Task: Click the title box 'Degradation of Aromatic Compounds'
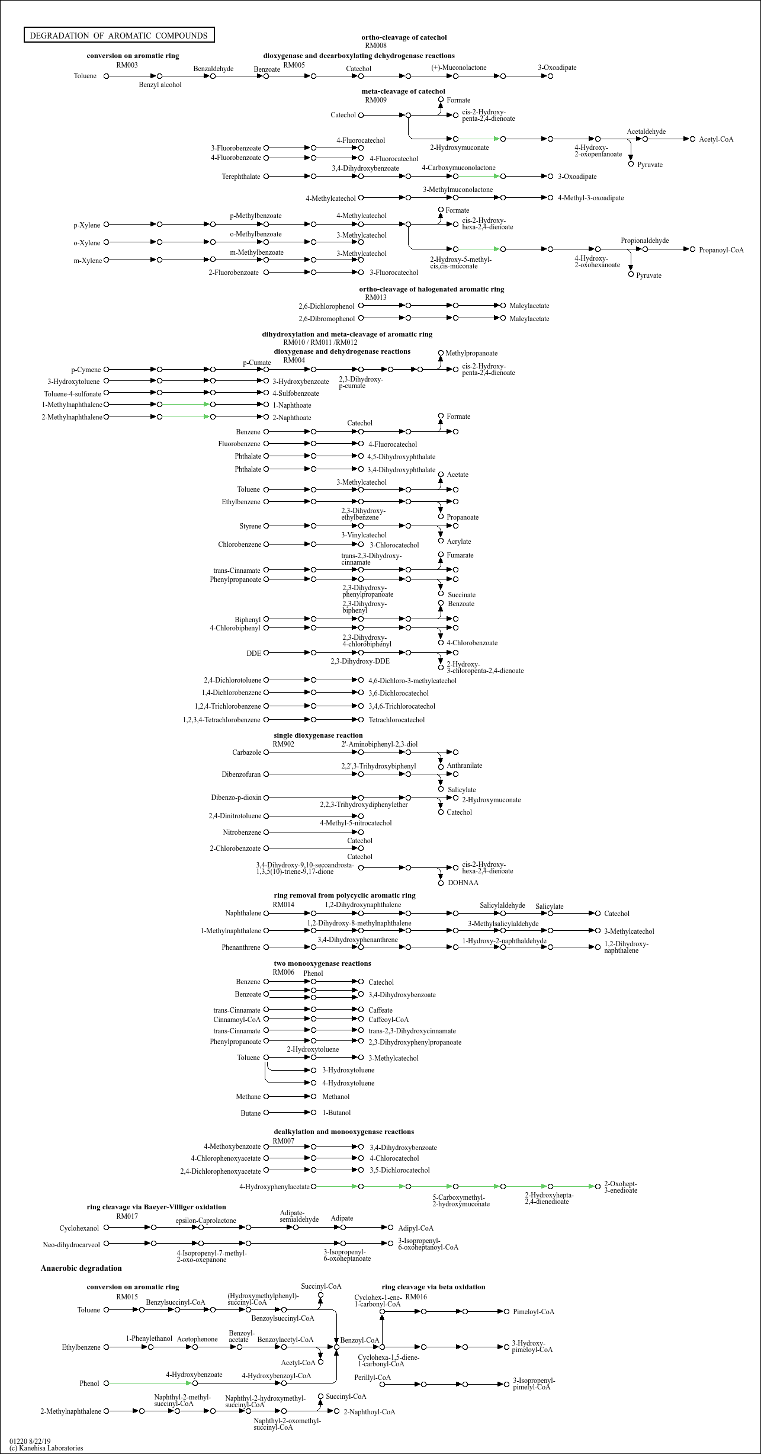(x=118, y=36)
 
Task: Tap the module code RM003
(x=127, y=65)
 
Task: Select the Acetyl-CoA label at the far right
(x=716, y=139)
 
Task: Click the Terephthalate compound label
(x=241, y=177)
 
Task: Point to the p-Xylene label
(x=87, y=225)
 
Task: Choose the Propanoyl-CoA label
(x=721, y=250)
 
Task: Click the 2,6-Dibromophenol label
(x=326, y=319)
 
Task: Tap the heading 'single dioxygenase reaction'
(x=318, y=735)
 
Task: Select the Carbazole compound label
(x=246, y=752)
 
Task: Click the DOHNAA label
(x=463, y=883)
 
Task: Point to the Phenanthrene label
(x=241, y=947)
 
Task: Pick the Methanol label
(x=336, y=1097)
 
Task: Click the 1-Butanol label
(x=336, y=1113)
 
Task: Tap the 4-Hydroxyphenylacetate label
(x=274, y=1187)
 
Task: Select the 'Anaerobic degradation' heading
(x=81, y=1269)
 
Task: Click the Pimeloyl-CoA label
(x=534, y=1312)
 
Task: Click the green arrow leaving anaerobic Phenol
(x=150, y=1383)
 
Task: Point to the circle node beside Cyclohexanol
(x=107, y=1228)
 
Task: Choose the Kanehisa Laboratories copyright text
(x=46, y=1448)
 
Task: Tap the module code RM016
(x=416, y=1297)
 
